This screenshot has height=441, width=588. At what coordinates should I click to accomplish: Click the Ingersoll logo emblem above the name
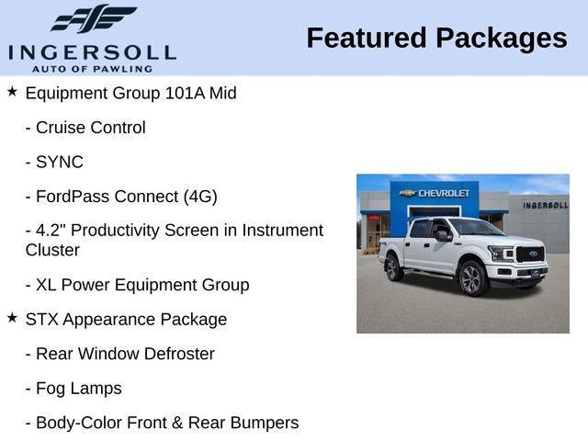pos(93,18)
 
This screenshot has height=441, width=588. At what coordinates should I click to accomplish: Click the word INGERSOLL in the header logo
pos(92,51)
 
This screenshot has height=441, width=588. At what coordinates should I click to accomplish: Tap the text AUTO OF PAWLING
pos(92,68)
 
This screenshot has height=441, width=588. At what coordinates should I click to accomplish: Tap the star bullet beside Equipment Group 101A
pos(12,92)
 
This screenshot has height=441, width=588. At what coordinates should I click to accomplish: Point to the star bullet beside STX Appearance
pos(12,318)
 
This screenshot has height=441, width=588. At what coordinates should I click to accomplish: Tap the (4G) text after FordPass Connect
pos(199,197)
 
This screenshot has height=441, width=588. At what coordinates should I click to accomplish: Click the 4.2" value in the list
pos(52,231)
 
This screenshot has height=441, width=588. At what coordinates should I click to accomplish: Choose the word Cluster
pos(52,250)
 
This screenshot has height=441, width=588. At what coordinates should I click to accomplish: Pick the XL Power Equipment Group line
pos(137,285)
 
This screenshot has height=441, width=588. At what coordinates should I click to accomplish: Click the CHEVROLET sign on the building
pos(437,193)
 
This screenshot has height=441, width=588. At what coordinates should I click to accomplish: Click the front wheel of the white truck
pos(470,278)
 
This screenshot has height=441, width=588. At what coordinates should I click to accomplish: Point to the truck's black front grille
pos(530,254)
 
